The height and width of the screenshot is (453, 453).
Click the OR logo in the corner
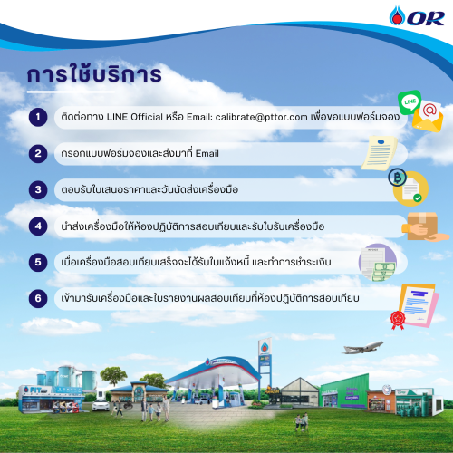tap(417, 15)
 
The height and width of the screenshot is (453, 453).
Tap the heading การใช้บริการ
tap(94, 73)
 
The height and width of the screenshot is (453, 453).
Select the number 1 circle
tap(38, 117)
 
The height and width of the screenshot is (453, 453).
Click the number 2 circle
tap(38, 153)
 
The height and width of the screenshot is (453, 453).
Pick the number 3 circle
tap(38, 189)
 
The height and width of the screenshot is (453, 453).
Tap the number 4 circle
tap(38, 226)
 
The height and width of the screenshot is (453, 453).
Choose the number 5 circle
tap(38, 262)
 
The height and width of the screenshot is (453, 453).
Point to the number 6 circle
tap(38, 298)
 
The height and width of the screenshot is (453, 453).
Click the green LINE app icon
tap(410, 101)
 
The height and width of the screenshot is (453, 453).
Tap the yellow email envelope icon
tap(428, 117)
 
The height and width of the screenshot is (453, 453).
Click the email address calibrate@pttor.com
tap(261, 117)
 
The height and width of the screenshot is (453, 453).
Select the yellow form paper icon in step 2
tap(380, 153)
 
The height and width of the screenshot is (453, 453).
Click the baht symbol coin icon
tap(397, 178)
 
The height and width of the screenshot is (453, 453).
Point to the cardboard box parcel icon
tap(423, 226)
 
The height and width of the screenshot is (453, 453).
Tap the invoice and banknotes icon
tap(378, 262)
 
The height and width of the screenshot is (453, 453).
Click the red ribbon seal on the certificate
tap(398, 320)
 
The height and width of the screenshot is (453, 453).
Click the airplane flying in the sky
tap(362, 347)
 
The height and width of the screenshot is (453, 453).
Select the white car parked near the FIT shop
tap(101, 405)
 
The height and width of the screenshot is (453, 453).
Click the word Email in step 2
tap(207, 153)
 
